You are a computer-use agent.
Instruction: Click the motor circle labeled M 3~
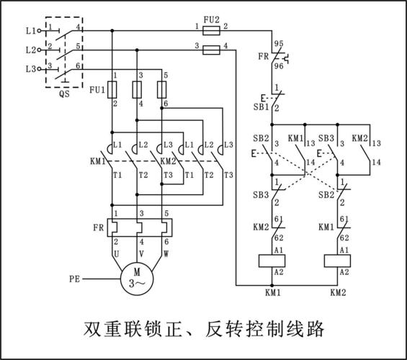click(137, 276)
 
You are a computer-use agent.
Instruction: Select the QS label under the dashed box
click(64, 102)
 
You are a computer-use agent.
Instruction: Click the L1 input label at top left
click(30, 31)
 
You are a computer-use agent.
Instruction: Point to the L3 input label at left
click(30, 69)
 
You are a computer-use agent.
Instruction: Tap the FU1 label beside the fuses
click(97, 91)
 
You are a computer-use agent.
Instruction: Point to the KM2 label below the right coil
click(339, 293)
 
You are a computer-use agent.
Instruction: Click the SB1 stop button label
click(261, 107)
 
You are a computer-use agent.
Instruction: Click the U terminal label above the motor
click(115, 254)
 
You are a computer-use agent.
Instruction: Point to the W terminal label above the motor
click(166, 254)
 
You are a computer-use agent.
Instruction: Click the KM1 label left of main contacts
click(97, 162)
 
